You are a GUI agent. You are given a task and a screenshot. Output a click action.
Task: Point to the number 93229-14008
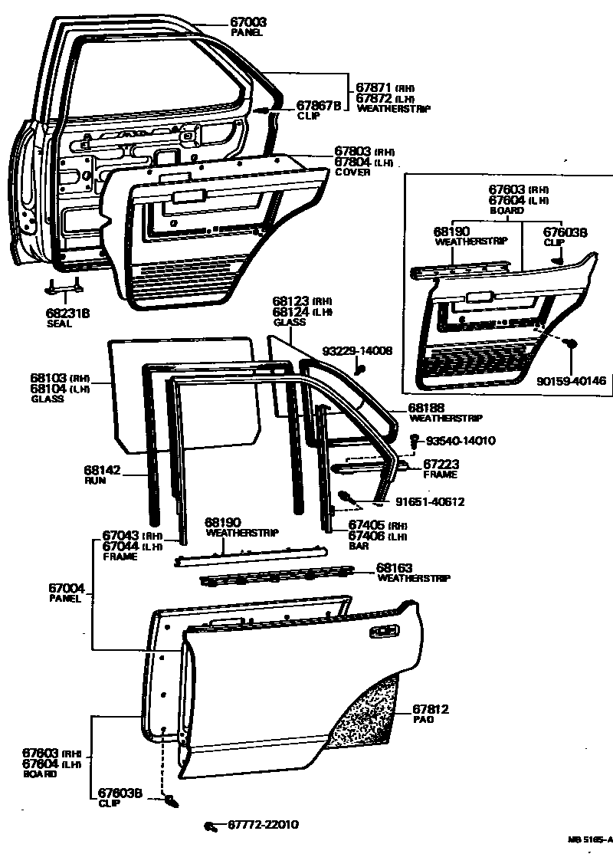(357, 350)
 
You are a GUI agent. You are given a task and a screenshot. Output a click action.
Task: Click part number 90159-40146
(571, 379)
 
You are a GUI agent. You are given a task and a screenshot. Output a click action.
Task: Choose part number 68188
(428, 409)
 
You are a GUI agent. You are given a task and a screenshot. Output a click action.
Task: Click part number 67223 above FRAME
(441, 465)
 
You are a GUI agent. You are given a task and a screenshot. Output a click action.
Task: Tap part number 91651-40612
(430, 502)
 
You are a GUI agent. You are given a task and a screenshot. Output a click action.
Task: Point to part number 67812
(431, 710)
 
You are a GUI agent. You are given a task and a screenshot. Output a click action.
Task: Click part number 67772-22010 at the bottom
(263, 825)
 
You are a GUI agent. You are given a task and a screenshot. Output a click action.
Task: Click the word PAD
(422, 721)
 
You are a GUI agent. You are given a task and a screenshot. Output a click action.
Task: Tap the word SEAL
(59, 324)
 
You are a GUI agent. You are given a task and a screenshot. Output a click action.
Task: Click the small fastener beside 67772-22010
(208, 826)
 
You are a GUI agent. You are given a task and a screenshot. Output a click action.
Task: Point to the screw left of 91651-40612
(346, 496)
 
